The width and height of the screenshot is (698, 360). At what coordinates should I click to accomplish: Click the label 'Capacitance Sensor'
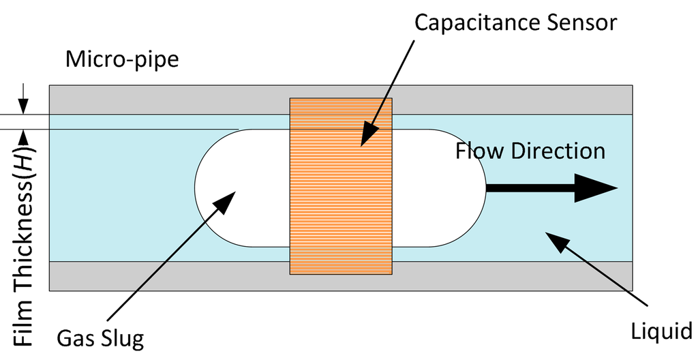click(515, 22)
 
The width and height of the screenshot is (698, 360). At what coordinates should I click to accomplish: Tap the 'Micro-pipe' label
click(122, 59)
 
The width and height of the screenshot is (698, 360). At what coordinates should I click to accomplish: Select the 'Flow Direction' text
click(530, 150)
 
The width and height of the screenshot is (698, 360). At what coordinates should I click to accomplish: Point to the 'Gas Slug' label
click(101, 337)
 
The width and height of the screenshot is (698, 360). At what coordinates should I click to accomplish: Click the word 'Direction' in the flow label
click(558, 150)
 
